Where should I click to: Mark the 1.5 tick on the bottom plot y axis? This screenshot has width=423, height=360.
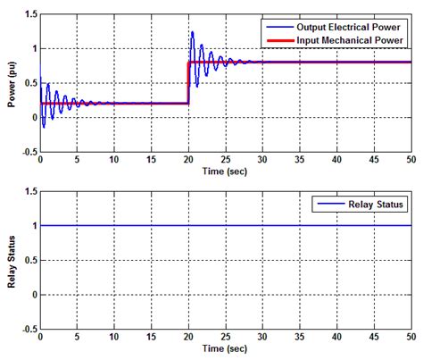(30, 191)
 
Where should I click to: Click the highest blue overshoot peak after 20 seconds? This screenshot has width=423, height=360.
(192, 32)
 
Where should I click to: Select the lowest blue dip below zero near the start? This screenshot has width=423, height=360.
(44, 127)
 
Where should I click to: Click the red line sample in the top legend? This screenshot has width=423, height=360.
(275, 39)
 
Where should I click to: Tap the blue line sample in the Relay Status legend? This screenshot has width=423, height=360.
(322, 205)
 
